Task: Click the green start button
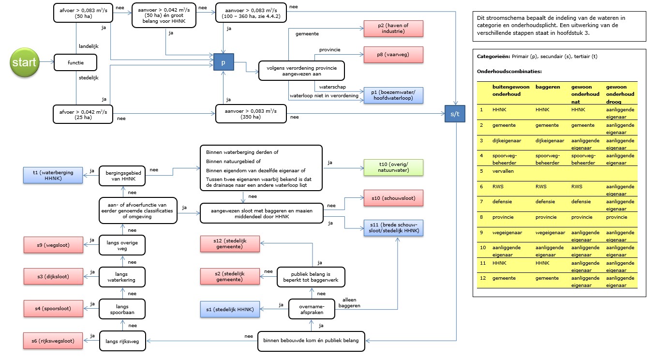point(25,62)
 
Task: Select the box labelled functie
point(75,62)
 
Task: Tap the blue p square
point(224,62)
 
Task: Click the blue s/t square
point(455,114)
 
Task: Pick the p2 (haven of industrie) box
point(393,29)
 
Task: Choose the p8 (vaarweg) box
point(393,55)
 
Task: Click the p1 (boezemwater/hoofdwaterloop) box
point(393,95)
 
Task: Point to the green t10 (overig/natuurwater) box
point(393,167)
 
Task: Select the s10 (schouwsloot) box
point(393,198)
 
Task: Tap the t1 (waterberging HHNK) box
point(53,175)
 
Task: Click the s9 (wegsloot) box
point(53,245)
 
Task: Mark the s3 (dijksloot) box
point(53,276)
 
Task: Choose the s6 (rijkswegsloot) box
point(53,341)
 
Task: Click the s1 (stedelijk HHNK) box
point(230,309)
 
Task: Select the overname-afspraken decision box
point(312,309)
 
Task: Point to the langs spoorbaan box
point(122,309)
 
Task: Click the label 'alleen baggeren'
point(349,302)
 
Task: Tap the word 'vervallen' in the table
point(503,171)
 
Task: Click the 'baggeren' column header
point(548,87)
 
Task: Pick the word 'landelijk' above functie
point(89,46)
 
